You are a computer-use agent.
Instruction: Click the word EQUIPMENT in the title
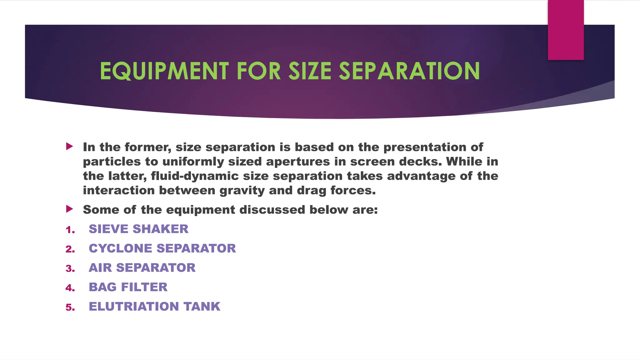click(164, 71)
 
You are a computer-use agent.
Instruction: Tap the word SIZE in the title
click(310, 71)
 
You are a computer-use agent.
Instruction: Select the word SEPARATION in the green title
click(409, 71)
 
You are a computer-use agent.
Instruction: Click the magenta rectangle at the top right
click(566, 30)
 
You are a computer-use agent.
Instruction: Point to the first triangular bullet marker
click(69, 146)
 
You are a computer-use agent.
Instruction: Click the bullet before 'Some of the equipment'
click(69, 209)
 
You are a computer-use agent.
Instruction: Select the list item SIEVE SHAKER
click(138, 229)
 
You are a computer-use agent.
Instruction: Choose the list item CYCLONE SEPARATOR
click(162, 248)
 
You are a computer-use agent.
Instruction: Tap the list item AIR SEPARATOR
click(142, 268)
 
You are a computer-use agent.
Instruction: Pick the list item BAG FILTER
click(128, 287)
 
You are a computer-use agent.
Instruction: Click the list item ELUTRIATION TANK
click(155, 307)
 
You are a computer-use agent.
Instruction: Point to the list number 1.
click(70, 230)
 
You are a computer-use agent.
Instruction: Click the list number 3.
click(70, 269)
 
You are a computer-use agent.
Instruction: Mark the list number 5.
click(70, 307)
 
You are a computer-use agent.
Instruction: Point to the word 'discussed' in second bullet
click(272, 210)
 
